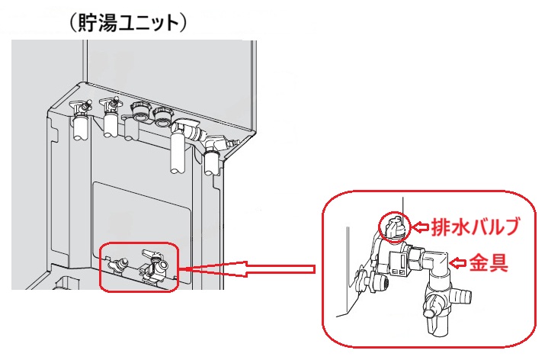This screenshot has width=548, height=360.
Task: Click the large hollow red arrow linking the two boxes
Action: click(x=252, y=268)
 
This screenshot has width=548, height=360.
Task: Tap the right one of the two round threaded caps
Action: click(x=163, y=117)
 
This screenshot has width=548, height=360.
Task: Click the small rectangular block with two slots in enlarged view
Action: click(x=396, y=264)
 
